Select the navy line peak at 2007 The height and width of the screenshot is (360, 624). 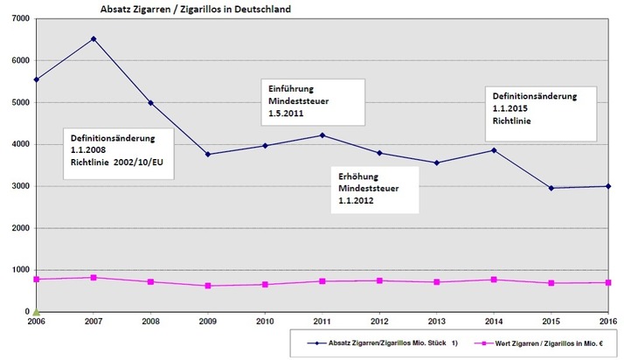tap(94, 38)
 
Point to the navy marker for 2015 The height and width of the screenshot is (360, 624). tap(551, 188)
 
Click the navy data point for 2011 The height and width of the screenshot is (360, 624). tap(322, 135)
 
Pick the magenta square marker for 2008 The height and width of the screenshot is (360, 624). tap(150, 282)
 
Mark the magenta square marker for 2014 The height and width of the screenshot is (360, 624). tap(494, 280)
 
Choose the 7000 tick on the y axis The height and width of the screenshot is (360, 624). tap(20, 19)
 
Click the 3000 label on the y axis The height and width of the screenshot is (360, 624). tap(20, 186)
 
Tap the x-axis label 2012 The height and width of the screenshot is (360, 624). tap(379, 322)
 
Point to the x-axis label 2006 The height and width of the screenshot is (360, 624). tap(37, 322)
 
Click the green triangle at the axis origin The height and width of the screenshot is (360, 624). tap(37, 310)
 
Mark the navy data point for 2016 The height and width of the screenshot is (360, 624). tap(607, 186)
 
